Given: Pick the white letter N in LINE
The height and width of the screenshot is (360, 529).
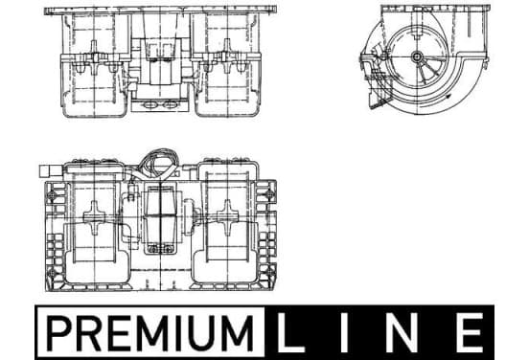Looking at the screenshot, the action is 402,332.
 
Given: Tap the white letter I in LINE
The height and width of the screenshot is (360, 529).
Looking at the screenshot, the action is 345,332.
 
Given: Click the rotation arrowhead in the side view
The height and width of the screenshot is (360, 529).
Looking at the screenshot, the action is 448,97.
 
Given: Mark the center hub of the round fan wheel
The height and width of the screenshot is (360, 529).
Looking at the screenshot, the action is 417,56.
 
